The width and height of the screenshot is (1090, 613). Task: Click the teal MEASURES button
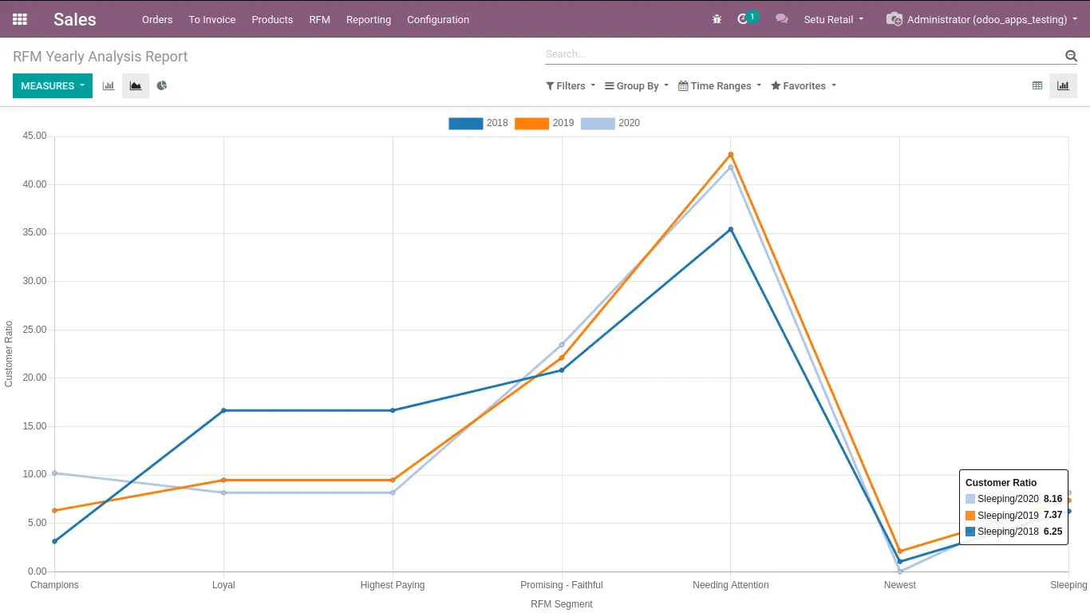pos(53,85)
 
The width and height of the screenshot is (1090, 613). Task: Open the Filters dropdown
pos(571,85)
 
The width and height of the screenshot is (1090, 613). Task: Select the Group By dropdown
pos(637,85)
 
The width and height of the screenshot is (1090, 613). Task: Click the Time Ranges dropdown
pos(720,85)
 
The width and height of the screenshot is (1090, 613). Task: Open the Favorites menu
pos(804,85)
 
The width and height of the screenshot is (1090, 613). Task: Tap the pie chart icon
pos(162,85)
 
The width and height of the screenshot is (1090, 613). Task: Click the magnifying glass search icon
pos(1071,56)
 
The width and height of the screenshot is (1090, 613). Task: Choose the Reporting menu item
pos(369,19)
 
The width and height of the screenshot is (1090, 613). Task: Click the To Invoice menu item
pos(212,19)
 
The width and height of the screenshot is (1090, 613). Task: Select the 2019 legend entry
pos(544,123)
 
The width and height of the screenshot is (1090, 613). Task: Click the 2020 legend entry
pos(610,123)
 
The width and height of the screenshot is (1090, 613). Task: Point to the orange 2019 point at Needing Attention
pos(730,155)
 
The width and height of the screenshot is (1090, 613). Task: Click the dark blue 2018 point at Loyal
pos(224,410)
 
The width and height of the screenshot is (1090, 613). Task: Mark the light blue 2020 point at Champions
pos(54,473)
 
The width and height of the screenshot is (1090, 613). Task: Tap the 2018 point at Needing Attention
pos(730,229)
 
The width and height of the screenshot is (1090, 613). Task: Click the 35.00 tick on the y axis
pos(34,232)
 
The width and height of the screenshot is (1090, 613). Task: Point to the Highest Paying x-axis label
pos(393,585)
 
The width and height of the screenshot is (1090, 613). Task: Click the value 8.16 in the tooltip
pos(1052,499)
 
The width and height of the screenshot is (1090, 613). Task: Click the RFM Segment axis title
pos(562,604)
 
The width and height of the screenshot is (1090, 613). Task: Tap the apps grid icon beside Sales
pos(20,19)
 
